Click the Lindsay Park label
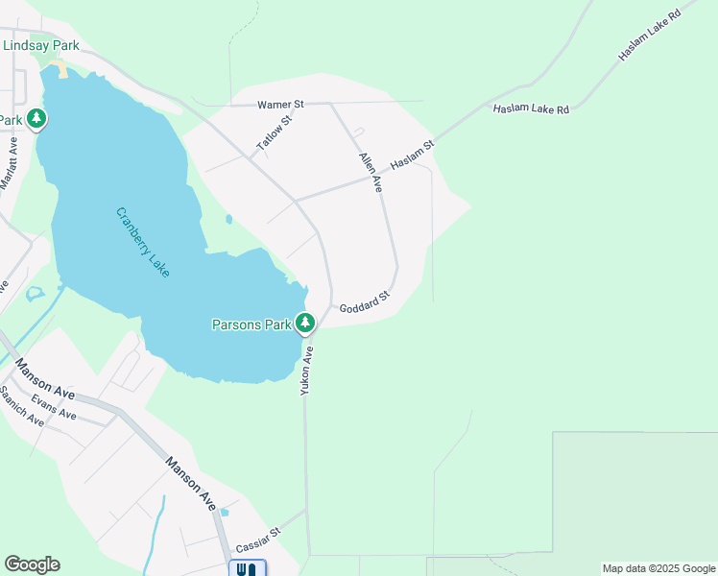click(40, 45)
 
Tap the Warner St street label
click(280, 104)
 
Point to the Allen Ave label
click(371, 172)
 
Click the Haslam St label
click(412, 156)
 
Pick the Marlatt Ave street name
click(9, 164)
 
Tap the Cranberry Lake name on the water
click(142, 243)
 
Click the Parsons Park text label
click(251, 324)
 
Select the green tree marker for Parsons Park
click(305, 324)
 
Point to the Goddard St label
click(364, 302)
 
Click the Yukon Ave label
click(307, 372)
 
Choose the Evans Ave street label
click(53, 407)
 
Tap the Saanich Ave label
click(21, 406)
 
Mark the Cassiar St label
click(258, 540)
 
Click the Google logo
click(32, 564)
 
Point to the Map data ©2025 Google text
click(658, 568)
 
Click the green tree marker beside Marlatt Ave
click(36, 119)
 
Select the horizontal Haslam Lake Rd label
click(531, 109)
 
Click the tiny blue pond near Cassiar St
click(224, 512)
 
